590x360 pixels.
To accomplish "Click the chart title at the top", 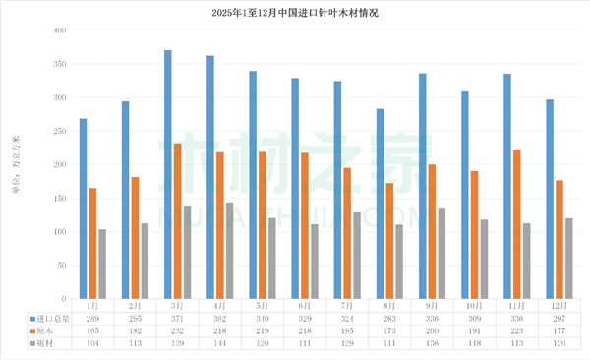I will pyautogui.click(x=294, y=13).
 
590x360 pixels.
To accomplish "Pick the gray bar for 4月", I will pyautogui.click(x=229, y=251).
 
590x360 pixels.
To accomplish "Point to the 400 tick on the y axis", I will pyautogui.click(x=58, y=31).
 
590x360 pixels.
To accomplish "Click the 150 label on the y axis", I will pyautogui.click(x=58, y=199).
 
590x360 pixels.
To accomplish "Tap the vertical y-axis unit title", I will pyautogui.click(x=15, y=168).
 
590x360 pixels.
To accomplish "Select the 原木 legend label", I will pyautogui.click(x=43, y=331).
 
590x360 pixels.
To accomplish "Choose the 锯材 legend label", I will pyautogui.click(x=43, y=344).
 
